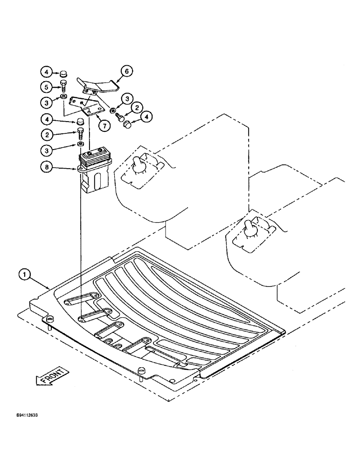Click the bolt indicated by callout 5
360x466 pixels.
(x=63, y=86)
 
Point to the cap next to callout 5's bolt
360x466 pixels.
(x=63, y=74)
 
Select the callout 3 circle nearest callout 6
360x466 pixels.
(x=126, y=98)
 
